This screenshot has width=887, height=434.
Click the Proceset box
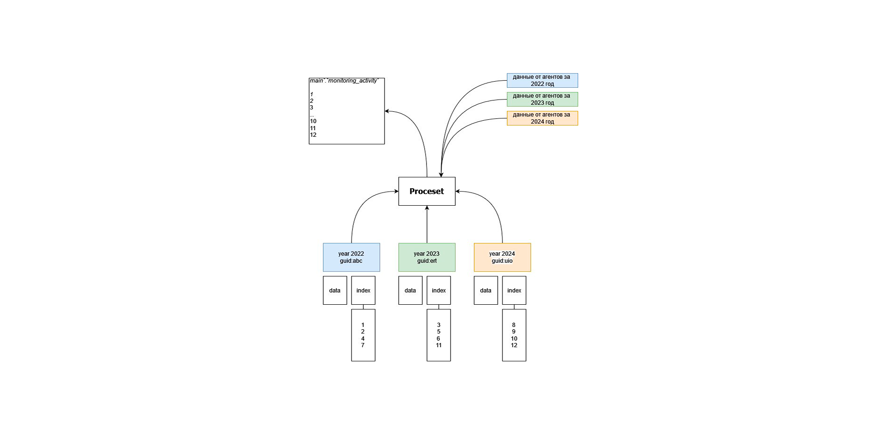pos(427,191)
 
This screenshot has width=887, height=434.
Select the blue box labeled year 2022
pos(351,257)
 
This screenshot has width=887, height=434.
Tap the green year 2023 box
pos(427,257)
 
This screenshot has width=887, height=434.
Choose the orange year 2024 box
pos(502,257)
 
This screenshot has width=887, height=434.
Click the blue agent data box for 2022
pos(543,80)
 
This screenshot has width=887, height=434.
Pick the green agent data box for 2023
pos(543,99)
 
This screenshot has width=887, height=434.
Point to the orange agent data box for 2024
pos(543,118)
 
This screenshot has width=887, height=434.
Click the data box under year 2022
pos(335,290)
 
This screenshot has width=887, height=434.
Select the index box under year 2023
pos(439,290)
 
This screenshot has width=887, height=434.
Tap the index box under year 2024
pos(514,290)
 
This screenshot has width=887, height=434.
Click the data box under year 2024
pos(486,290)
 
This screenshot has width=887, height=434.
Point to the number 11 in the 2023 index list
pos(439,345)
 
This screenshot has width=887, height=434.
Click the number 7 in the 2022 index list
pos(363,345)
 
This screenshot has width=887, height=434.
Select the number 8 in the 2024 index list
pos(514,325)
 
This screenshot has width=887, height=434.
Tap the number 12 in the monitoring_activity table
pos(313,135)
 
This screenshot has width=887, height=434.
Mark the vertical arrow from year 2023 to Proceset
pos(427,224)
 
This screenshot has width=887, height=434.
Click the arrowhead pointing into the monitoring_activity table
pos(387,111)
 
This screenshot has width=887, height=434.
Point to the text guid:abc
pos(351,261)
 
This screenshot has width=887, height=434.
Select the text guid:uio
pos(502,261)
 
